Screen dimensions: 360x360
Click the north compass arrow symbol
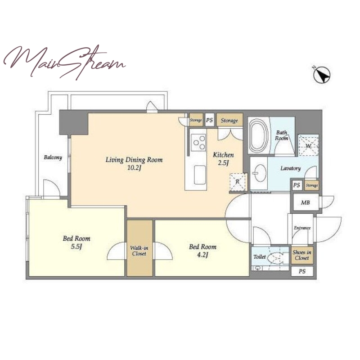click(322, 74)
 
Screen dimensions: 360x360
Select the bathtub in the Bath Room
click(259, 135)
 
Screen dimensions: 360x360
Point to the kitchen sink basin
click(200, 175)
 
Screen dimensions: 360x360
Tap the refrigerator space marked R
click(238, 182)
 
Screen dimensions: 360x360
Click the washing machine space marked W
click(308, 145)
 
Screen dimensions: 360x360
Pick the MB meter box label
click(306, 202)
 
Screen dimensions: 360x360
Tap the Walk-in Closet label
click(139, 251)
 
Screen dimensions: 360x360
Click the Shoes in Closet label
click(302, 255)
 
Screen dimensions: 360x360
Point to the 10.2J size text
click(134, 168)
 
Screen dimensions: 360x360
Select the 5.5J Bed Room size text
click(76, 247)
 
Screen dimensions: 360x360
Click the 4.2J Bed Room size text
click(202, 255)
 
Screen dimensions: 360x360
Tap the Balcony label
click(53, 157)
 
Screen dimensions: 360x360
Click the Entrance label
click(302, 228)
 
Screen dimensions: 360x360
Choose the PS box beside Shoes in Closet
click(302, 271)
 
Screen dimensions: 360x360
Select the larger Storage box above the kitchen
click(229, 120)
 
